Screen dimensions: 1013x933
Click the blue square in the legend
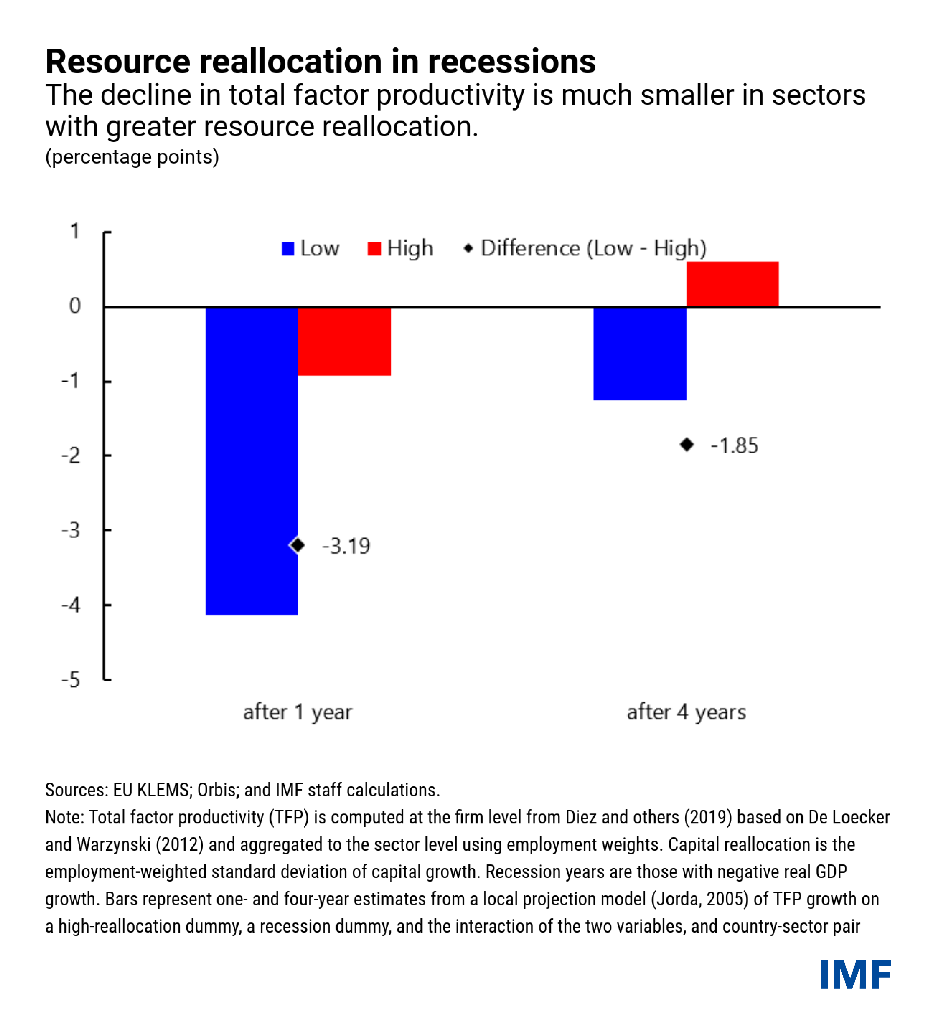pyautogui.click(x=288, y=249)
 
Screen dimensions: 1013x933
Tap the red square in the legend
pyautogui.click(x=374, y=249)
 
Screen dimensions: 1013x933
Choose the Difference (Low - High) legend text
pyautogui.click(x=593, y=248)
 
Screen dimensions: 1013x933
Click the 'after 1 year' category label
pyautogui.click(x=297, y=712)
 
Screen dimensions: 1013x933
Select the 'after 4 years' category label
pyautogui.click(x=686, y=712)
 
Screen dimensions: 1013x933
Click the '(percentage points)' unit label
pyautogui.click(x=132, y=157)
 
